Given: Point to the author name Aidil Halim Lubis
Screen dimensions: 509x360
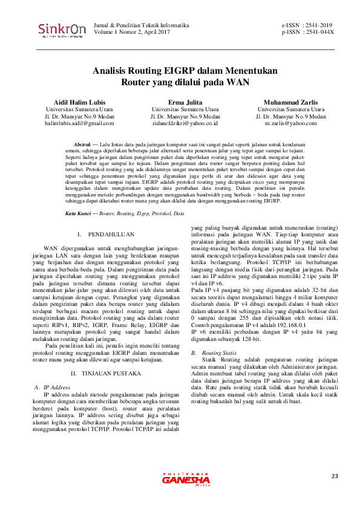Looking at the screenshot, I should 79,102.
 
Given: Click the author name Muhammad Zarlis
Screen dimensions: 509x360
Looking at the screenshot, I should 290,102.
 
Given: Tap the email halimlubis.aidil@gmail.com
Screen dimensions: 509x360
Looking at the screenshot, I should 79,123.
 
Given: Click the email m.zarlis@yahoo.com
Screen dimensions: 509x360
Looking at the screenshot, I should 290,123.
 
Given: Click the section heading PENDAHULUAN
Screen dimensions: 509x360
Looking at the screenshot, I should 111,234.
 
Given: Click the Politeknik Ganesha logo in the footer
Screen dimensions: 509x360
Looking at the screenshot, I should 186,478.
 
